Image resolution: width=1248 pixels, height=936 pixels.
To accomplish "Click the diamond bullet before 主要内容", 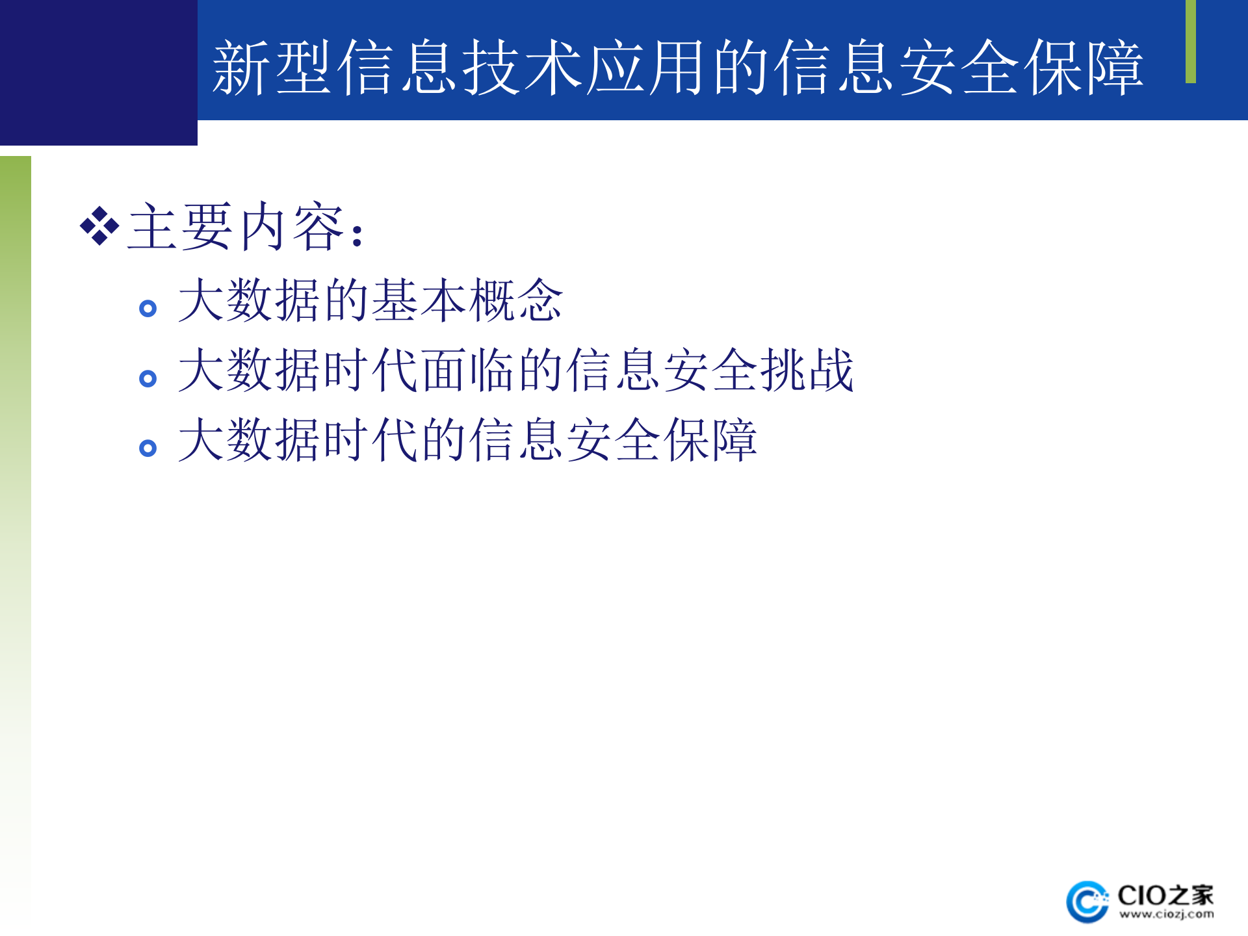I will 99,227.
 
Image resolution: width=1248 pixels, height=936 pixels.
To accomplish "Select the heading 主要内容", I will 237,227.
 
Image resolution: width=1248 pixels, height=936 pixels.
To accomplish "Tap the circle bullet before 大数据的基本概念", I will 148,308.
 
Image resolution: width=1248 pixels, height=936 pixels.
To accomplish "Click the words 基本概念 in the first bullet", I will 467,300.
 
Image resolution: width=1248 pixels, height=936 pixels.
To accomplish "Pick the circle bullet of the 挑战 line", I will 148,378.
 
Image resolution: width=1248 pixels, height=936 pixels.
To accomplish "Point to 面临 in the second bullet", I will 468,370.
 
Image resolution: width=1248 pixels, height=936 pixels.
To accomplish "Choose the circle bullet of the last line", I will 148,448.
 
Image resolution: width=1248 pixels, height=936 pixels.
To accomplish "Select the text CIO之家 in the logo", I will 1165,895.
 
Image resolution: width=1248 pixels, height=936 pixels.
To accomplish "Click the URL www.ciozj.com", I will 1167,915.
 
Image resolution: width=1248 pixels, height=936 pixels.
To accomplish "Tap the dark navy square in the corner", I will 98,72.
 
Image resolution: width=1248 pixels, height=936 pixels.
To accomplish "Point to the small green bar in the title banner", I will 1190,41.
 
